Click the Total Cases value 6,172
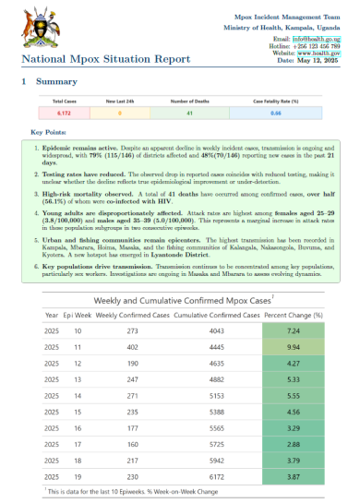[x=64, y=114]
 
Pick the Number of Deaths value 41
[x=187, y=114]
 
